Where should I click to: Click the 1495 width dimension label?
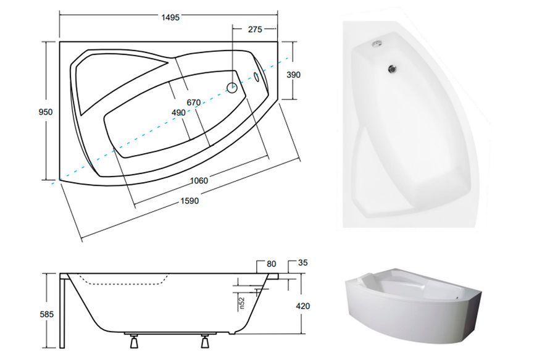coord(170,17)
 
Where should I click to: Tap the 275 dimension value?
coord(255,30)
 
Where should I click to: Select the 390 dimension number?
coord(294,74)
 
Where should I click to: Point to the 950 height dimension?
coord(46,112)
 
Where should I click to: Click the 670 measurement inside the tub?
coord(193,102)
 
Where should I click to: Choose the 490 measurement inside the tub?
coord(178,112)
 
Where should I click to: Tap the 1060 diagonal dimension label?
coord(199,180)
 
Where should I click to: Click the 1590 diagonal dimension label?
coord(189,201)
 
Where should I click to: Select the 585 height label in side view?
coord(47,314)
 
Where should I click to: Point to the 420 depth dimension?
coord(302,306)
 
